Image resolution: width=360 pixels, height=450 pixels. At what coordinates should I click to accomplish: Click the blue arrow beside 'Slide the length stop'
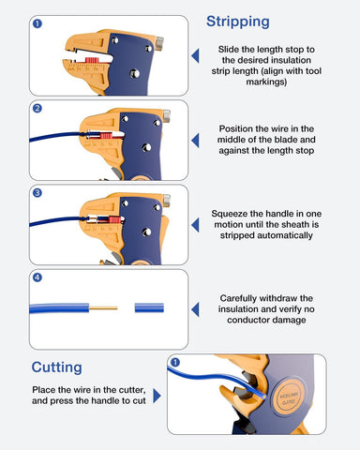[x=195, y=56]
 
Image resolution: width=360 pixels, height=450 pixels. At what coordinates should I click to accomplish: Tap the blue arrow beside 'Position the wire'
[x=195, y=141]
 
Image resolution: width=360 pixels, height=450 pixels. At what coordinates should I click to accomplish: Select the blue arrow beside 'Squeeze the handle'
[x=195, y=225]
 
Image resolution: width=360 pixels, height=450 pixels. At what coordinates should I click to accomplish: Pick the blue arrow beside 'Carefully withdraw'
[x=195, y=309]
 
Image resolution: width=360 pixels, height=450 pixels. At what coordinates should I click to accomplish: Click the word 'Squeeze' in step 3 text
[x=232, y=212]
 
